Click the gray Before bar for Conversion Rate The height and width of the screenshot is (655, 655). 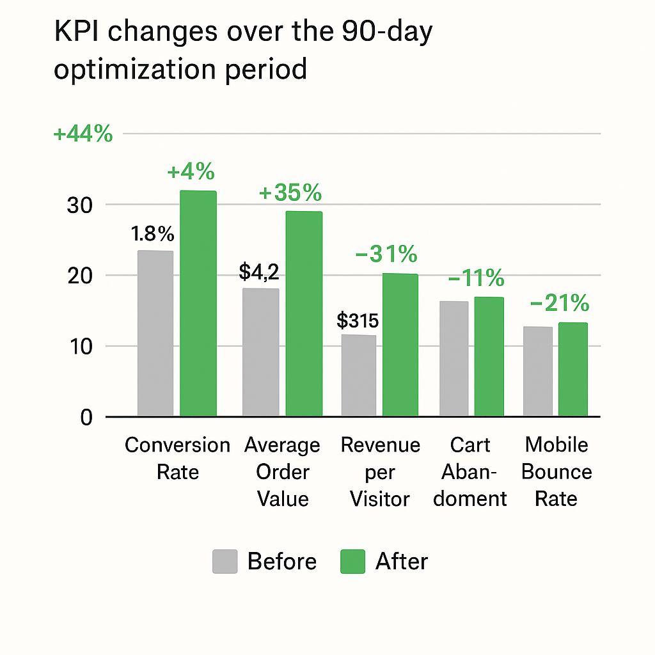[155, 333]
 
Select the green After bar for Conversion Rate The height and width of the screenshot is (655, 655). [198, 304]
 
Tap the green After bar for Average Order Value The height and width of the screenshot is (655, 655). [304, 313]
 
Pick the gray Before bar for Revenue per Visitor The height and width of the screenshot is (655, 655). [359, 375]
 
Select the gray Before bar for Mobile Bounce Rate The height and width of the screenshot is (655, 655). [538, 372]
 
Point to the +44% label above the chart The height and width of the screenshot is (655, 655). [83, 135]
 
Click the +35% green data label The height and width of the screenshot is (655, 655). [290, 193]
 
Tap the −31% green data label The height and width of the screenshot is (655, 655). [386, 255]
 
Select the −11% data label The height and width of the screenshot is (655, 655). [476, 278]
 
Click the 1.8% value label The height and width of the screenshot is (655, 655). [153, 235]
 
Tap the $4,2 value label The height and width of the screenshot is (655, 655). [259, 272]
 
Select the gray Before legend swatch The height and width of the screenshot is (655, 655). [225, 562]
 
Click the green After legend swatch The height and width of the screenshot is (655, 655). [352, 562]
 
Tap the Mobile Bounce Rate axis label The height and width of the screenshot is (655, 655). [556, 472]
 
